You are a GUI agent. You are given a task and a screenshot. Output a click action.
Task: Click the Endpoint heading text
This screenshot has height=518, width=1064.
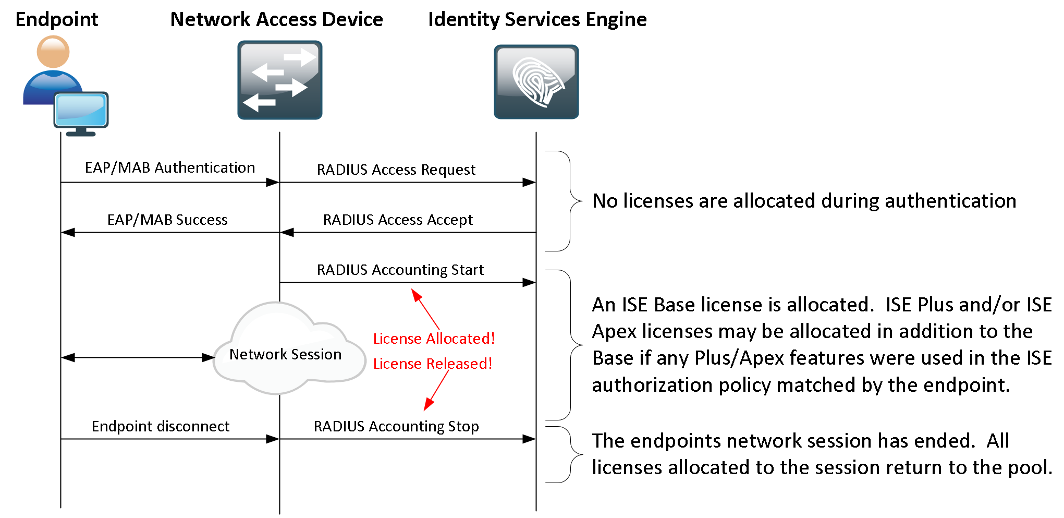(56, 19)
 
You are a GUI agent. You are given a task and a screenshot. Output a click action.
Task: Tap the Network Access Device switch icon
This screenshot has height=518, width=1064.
(279, 80)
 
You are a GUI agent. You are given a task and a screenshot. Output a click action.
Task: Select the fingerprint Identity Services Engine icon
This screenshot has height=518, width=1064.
(536, 82)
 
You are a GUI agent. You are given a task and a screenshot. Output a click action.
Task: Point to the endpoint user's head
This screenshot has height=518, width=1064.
(53, 52)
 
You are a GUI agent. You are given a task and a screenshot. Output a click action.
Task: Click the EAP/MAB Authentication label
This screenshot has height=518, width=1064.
(169, 167)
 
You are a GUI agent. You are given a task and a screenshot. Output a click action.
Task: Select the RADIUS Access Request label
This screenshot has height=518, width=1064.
(396, 170)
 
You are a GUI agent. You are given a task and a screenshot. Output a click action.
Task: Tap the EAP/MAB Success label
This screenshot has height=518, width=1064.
(167, 220)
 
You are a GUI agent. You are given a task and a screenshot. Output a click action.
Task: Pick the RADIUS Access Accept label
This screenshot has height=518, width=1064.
(397, 220)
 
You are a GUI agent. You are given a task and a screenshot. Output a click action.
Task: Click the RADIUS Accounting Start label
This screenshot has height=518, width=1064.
(400, 270)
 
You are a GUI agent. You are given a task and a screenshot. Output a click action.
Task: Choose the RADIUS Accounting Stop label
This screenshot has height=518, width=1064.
(396, 426)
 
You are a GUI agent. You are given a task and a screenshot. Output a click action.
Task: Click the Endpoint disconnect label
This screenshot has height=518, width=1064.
(160, 426)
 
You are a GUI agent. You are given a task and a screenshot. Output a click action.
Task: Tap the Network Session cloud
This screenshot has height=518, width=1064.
(286, 354)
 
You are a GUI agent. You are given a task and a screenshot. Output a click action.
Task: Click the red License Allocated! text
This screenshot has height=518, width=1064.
(433, 339)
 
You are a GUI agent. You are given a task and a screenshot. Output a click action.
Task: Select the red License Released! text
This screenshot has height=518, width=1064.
(432, 364)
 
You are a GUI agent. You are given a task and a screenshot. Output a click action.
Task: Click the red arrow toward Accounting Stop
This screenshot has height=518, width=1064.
(437, 390)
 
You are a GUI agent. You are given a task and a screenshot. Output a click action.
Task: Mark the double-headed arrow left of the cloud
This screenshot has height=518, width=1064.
(138, 357)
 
